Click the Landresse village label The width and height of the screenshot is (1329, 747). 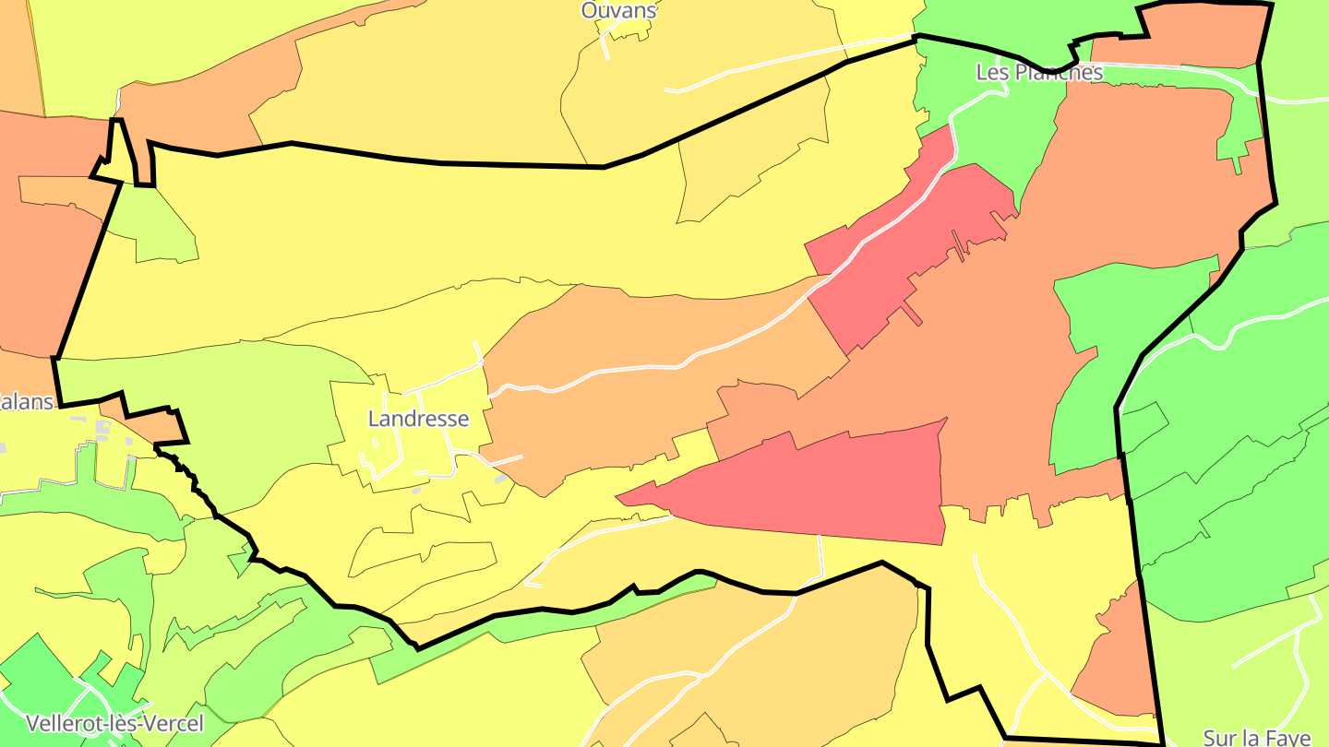click(418, 419)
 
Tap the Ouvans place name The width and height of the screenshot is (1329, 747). click(618, 10)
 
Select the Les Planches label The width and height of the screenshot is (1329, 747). click(1039, 72)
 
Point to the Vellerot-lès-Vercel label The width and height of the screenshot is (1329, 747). click(115, 722)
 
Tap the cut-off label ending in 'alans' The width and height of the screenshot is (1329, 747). click(26, 401)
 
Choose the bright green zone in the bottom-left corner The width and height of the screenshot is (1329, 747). click(37, 682)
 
